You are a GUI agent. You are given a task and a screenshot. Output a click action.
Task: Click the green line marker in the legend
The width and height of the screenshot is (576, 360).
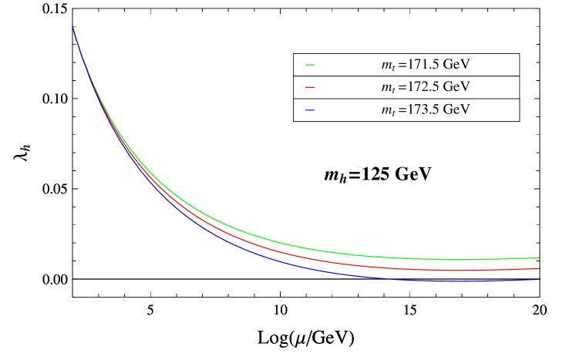tap(310, 66)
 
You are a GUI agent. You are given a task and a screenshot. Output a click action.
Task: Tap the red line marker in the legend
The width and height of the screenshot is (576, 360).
tap(310, 88)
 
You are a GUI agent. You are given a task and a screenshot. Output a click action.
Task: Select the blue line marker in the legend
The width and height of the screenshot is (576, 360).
tap(310, 110)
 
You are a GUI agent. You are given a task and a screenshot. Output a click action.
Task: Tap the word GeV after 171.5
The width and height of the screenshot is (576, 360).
tap(456, 65)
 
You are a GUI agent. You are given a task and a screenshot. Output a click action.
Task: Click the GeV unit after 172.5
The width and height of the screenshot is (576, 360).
tap(456, 87)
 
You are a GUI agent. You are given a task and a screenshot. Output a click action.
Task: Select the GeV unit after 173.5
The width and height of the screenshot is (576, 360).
tap(456, 109)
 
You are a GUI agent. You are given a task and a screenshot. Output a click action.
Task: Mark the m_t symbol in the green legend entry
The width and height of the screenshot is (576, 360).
tap(388, 66)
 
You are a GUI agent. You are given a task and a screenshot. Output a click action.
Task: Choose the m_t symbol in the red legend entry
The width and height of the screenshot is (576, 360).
tap(388, 89)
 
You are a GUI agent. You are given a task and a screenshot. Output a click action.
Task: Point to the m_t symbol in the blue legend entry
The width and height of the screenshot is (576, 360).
tap(388, 111)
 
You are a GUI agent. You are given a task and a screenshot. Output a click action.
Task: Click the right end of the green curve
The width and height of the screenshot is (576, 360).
tap(538, 257)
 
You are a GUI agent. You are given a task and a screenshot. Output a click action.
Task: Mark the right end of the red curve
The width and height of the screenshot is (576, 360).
tap(538, 268)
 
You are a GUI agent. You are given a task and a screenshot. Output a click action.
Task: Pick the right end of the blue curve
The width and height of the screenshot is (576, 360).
tap(538, 279)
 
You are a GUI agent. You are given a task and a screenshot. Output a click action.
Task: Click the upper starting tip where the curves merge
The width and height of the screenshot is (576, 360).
tap(73, 29)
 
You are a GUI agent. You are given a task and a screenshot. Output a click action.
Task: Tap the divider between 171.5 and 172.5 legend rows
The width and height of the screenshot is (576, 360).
tap(406, 76)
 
